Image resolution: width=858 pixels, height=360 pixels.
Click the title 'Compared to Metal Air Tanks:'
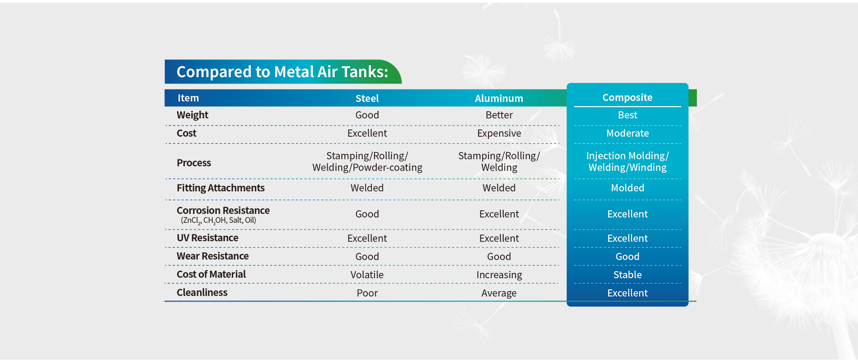tap(282, 72)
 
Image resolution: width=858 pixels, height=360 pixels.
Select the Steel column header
tap(367, 98)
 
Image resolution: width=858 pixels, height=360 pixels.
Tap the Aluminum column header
tap(499, 98)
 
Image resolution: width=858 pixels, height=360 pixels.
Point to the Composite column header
tap(627, 97)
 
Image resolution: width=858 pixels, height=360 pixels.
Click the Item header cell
tap(188, 98)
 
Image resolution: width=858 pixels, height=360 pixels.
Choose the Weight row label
tap(192, 115)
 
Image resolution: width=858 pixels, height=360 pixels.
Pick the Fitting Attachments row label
tap(220, 188)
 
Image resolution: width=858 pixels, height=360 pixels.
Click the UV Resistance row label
tap(207, 238)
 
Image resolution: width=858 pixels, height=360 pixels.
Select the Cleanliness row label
tap(202, 292)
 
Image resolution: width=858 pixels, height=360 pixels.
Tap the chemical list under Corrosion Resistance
tap(219, 220)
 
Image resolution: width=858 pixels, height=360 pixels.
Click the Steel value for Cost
tap(367, 133)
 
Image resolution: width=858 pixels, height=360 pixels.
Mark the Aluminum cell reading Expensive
tap(499, 133)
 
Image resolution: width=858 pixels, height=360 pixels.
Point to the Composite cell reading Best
tap(627, 115)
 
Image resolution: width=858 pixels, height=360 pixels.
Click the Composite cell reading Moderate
tap(627, 133)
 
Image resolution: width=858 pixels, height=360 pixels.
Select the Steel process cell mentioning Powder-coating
tap(367, 161)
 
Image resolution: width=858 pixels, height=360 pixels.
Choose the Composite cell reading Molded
tap(627, 188)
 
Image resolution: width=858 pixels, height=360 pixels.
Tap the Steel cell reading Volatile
tap(367, 275)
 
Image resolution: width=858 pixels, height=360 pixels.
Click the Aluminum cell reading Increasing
tap(499, 275)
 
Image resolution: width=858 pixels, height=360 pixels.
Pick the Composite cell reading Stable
tap(627, 275)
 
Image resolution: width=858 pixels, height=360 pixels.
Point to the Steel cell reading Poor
tap(367, 293)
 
